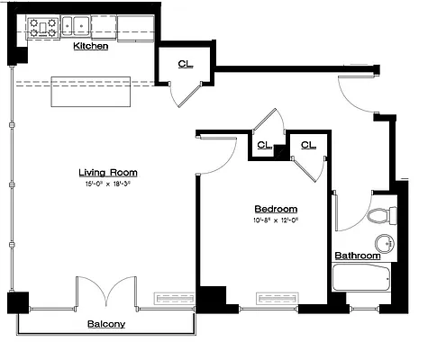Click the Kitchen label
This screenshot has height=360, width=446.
pyautogui.click(x=90, y=45)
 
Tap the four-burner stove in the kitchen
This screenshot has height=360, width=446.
pyautogui.click(x=42, y=28)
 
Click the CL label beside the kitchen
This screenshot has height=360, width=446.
pyautogui.click(x=185, y=64)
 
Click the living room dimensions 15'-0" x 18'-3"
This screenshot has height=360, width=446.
pyautogui.click(x=107, y=184)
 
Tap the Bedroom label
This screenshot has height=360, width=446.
pyautogui.click(x=276, y=209)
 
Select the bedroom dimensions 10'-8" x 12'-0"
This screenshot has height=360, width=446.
pyautogui.click(x=276, y=220)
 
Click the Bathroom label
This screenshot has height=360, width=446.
pyautogui.click(x=358, y=256)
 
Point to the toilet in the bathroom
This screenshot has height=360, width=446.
pyautogui.click(x=383, y=216)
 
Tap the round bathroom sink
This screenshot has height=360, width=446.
pyautogui.click(x=385, y=243)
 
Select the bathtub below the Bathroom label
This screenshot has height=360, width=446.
pyautogui.click(x=360, y=277)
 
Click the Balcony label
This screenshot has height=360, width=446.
pyautogui.click(x=105, y=323)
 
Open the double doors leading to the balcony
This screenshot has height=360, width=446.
pyautogui.click(x=107, y=292)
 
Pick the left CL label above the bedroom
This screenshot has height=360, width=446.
pyautogui.click(x=263, y=144)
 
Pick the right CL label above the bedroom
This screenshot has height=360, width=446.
pyautogui.click(x=308, y=144)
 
